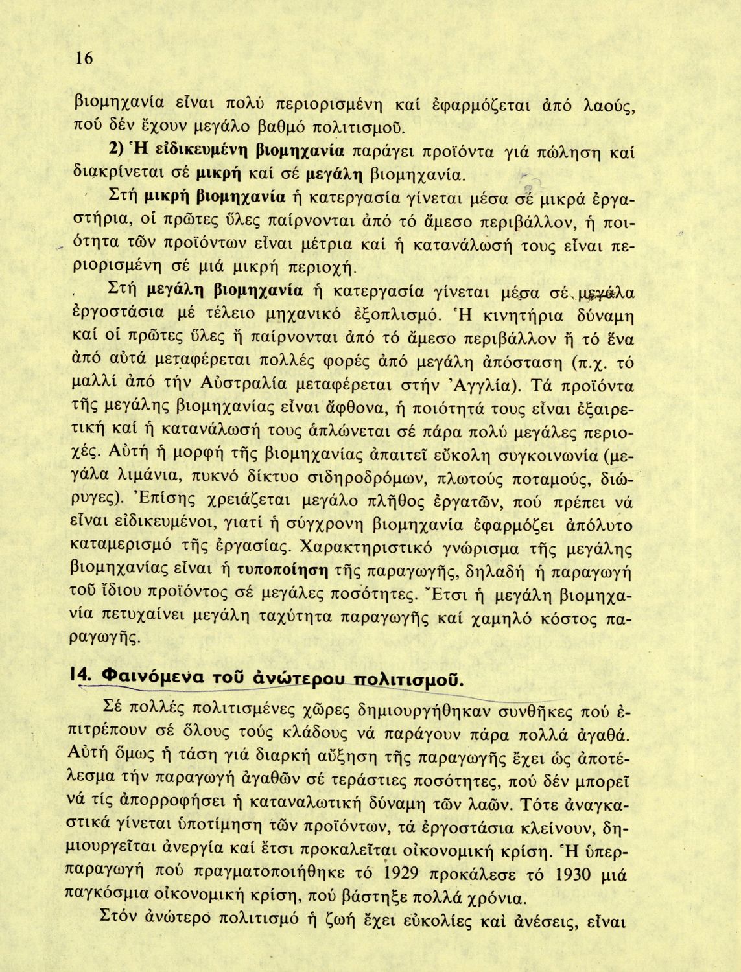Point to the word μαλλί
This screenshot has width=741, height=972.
point(90,386)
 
